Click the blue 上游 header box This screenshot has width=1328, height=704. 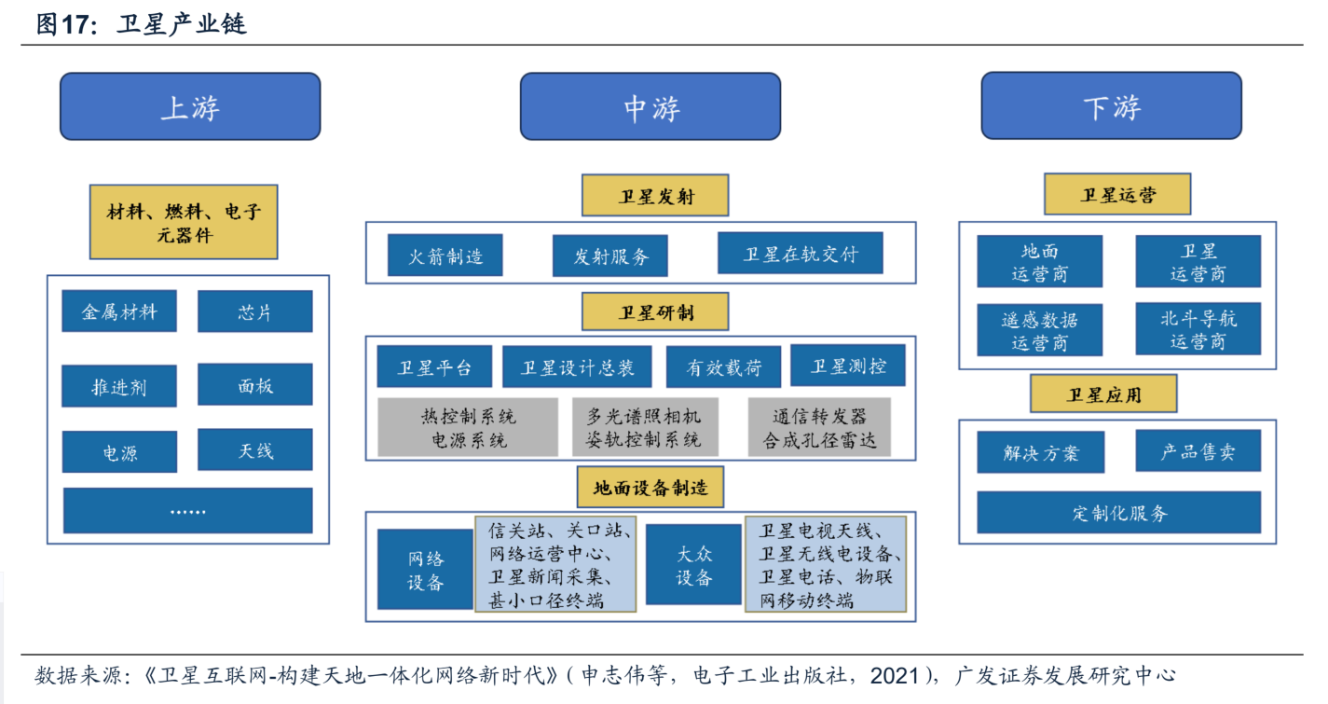point(190,106)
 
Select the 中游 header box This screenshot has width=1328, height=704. point(650,106)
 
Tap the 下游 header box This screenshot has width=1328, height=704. point(1111,106)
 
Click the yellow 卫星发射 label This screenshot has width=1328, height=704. point(655,196)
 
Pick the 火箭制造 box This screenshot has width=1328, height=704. point(445,255)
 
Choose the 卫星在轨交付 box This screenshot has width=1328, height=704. point(800,254)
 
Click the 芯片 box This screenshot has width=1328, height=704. point(254,311)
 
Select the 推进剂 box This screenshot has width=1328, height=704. point(118,386)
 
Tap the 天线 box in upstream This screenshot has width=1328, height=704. point(254,450)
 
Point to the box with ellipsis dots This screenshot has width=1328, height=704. point(187,511)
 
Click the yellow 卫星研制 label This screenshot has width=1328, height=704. point(655,311)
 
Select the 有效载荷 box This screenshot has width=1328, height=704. point(723,367)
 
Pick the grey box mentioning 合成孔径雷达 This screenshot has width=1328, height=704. point(819,428)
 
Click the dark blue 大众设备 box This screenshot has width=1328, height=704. point(693,565)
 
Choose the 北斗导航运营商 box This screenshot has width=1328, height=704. point(1198,329)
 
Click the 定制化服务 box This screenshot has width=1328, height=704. point(1118,513)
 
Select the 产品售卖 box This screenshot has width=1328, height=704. point(1198,452)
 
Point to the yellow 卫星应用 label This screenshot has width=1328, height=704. point(1103,393)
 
